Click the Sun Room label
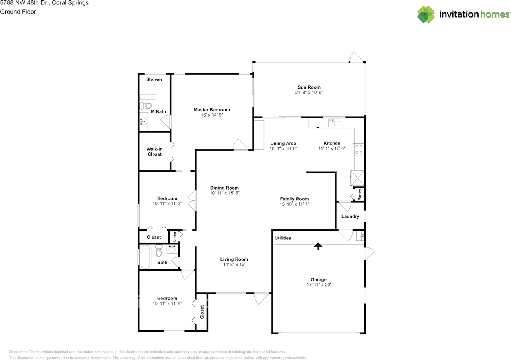309,87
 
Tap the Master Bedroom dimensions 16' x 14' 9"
212,115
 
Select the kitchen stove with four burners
358,150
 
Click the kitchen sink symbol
335,123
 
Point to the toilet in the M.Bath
146,106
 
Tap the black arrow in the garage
318,246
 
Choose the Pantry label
360,195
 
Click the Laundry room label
350,216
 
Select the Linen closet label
174,237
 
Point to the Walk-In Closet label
154,152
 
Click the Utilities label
283,238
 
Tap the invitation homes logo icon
426,14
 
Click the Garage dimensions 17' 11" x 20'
319,285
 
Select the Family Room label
294,199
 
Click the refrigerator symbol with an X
357,178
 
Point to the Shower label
154,79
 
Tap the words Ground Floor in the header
18,12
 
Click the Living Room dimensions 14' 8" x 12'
234,265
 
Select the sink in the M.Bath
143,122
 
